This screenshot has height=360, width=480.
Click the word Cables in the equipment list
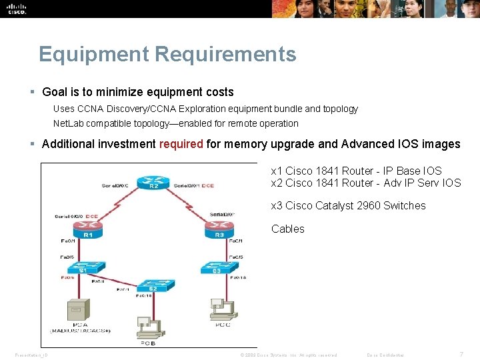(288, 229)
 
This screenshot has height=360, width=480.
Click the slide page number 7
(462, 354)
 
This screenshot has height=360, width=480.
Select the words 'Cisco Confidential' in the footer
(385, 355)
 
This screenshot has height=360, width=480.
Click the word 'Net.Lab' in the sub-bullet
(67, 123)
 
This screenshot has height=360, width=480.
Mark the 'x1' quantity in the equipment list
(277, 171)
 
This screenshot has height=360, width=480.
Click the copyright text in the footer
(288, 355)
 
